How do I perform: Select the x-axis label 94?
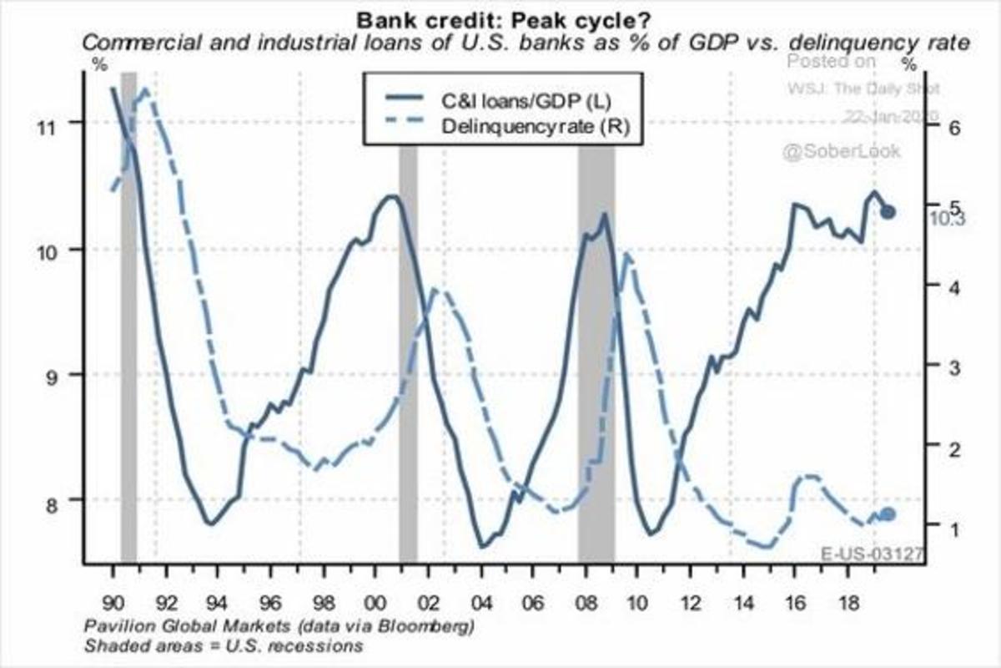(216, 601)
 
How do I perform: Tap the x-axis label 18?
(846, 601)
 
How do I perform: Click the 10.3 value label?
(946, 219)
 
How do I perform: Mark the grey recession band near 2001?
(408, 351)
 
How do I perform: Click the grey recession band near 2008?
(596, 351)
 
